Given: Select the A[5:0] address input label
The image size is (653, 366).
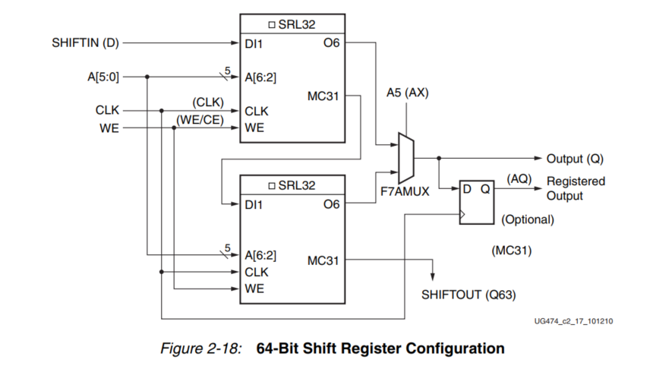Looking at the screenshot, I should pyautogui.click(x=103, y=76).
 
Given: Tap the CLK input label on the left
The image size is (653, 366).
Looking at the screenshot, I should pyautogui.click(x=107, y=111).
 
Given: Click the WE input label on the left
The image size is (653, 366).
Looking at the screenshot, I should pyautogui.click(x=109, y=127).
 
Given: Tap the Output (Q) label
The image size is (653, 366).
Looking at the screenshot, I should pyautogui.click(x=575, y=159).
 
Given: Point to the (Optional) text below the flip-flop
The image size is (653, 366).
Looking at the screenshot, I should pyautogui.click(x=528, y=220).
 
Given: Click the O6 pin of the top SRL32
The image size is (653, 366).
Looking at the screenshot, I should pyautogui.click(x=331, y=43).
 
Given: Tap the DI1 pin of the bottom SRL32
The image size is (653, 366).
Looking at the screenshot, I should pyautogui.click(x=254, y=204).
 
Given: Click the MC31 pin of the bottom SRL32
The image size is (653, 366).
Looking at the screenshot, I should pyautogui.click(x=323, y=260).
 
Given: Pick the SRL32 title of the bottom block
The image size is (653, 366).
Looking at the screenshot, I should pyautogui.click(x=295, y=185).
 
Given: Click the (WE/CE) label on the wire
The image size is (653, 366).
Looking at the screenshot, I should pyautogui.click(x=200, y=119).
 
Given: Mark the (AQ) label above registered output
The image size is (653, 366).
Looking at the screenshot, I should pyautogui.click(x=519, y=177).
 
